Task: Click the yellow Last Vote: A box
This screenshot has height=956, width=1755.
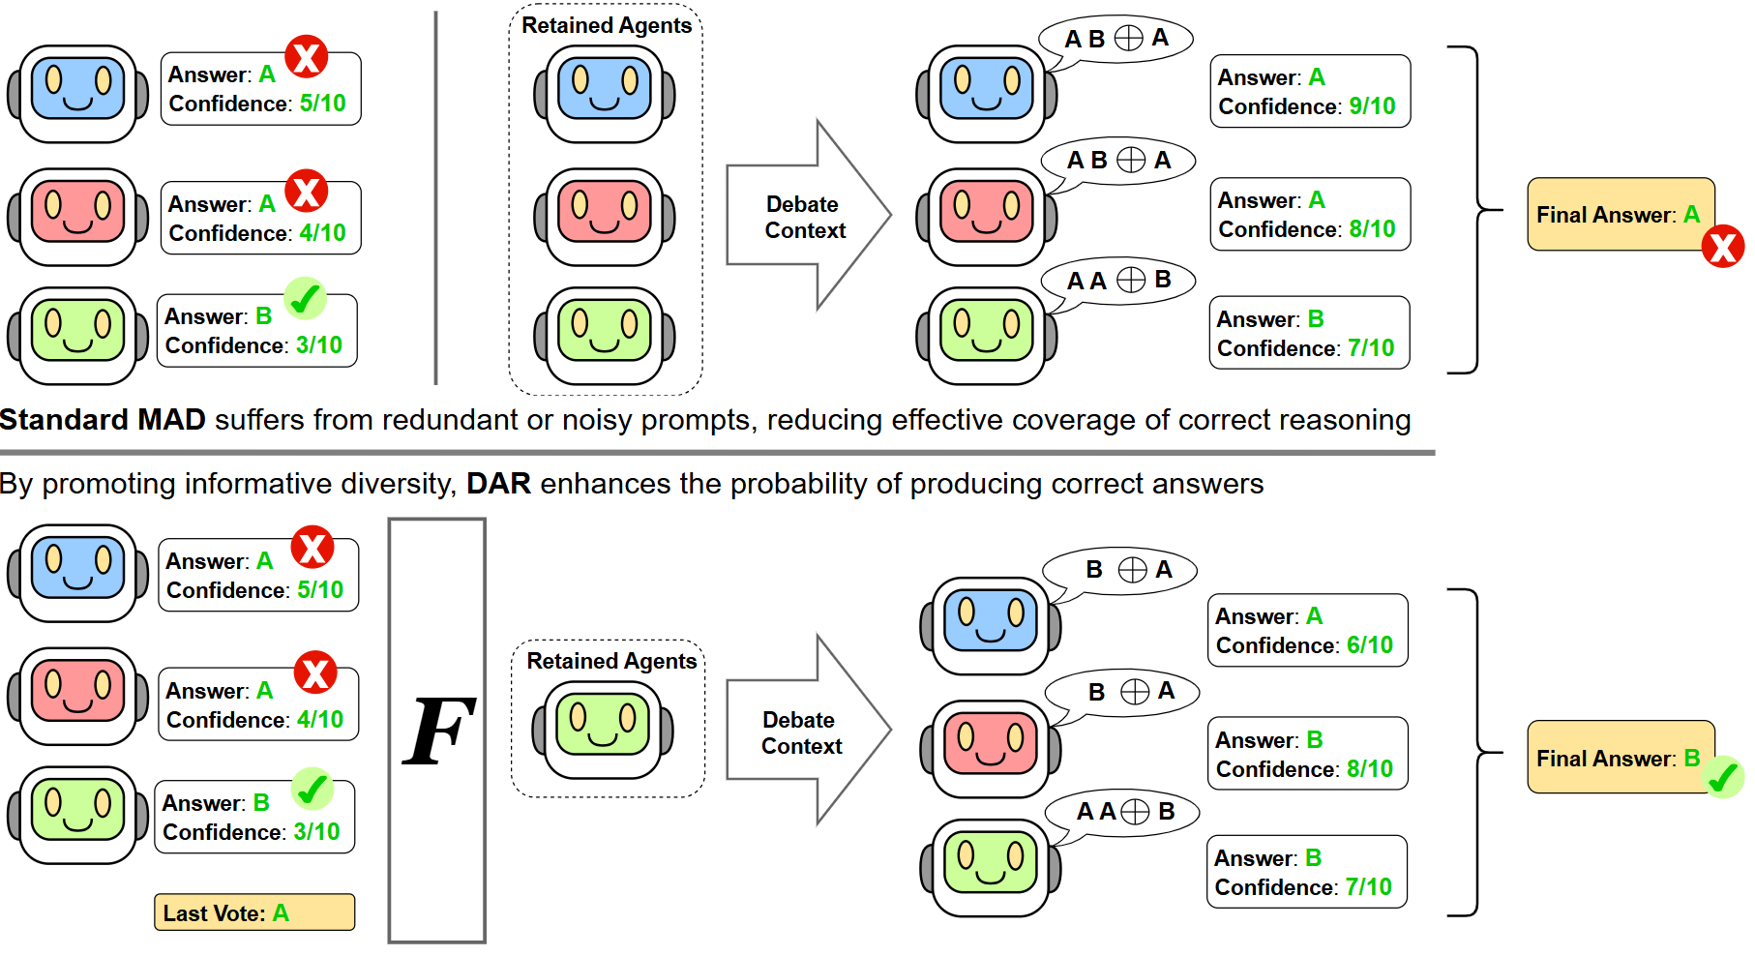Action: click(x=254, y=912)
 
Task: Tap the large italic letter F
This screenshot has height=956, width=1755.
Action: click(x=437, y=732)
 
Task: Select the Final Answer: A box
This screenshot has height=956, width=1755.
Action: click(x=1619, y=215)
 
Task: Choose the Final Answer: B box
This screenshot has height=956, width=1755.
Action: click(x=1619, y=758)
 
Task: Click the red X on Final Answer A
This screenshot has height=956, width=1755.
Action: click(x=1722, y=247)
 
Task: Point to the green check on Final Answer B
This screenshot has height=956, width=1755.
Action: click(x=1722, y=777)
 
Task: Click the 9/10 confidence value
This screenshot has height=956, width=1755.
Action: click(x=1372, y=106)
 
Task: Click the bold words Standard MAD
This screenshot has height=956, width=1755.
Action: click(x=103, y=420)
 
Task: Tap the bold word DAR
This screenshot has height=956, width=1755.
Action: click(x=498, y=484)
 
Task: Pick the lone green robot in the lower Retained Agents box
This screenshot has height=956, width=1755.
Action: click(x=603, y=730)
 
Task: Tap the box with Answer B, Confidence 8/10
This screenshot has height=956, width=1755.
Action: click(x=1307, y=754)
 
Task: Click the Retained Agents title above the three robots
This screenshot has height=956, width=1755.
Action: click(x=607, y=26)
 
